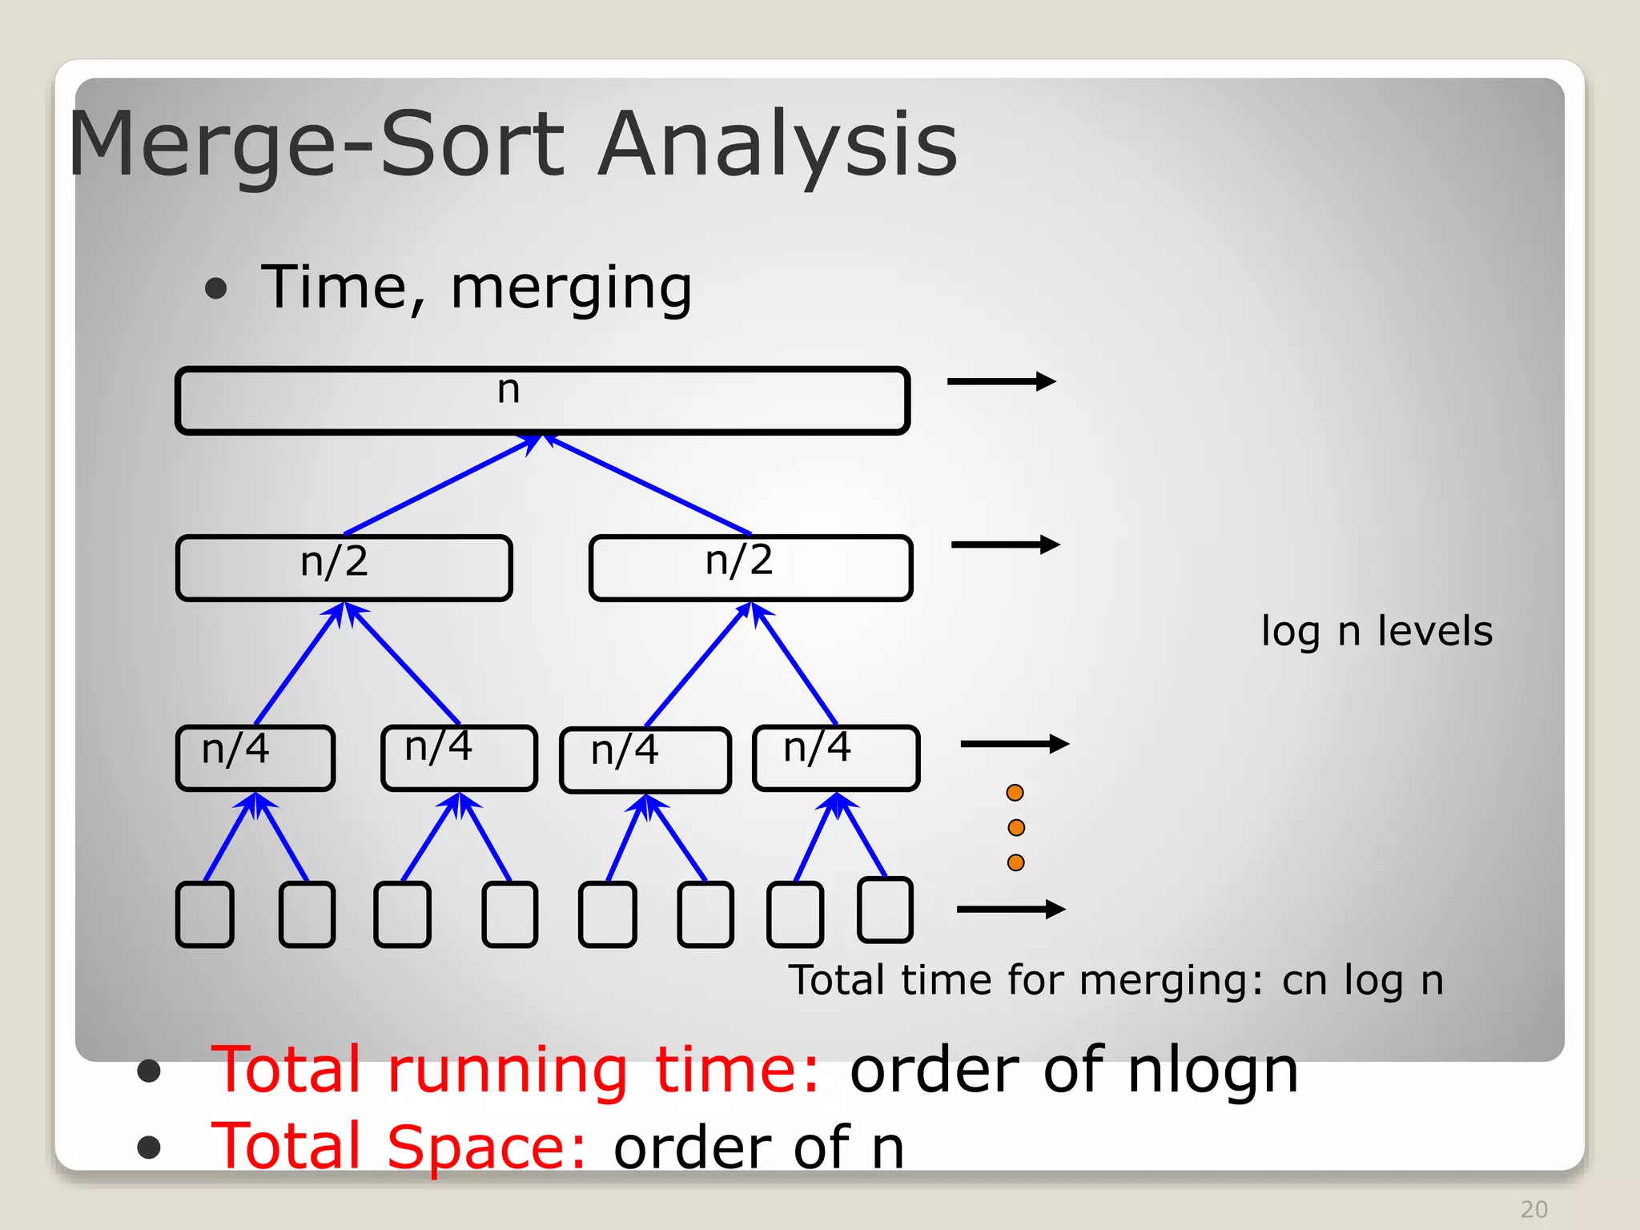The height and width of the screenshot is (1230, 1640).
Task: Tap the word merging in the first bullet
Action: pyautogui.click(x=571, y=288)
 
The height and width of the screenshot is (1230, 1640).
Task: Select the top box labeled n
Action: pyautogui.click(x=542, y=400)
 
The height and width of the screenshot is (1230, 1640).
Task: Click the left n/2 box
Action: pyautogui.click(x=344, y=568)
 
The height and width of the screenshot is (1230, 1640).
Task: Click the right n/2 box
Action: pyautogui.click(x=750, y=568)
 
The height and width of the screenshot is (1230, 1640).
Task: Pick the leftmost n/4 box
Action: pyautogui.click(x=255, y=758)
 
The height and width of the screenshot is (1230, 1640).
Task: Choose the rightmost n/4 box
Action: pyautogui.click(x=836, y=758)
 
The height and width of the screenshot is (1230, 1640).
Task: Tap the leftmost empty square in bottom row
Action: pyautogui.click(x=205, y=914)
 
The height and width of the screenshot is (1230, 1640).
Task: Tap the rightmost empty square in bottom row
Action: pyautogui.click(x=885, y=910)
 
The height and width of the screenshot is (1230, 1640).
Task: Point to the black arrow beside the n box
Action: pyautogui.click(x=1001, y=382)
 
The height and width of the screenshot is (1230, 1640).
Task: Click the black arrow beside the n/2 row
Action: pyautogui.click(x=1005, y=545)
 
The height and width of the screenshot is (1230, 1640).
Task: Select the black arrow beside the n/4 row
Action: pyautogui.click(x=1015, y=744)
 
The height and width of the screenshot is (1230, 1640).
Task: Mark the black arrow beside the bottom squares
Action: pyautogui.click(x=1011, y=909)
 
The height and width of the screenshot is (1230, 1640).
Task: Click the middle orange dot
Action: pyautogui.click(x=1016, y=827)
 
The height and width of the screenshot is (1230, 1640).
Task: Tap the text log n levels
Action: pyautogui.click(x=1377, y=632)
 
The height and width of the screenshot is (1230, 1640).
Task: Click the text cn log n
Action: pyautogui.click(x=1362, y=980)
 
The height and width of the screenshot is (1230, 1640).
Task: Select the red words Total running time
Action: pyautogui.click(x=516, y=1070)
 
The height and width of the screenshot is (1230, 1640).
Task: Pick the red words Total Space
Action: pyautogui.click(x=399, y=1147)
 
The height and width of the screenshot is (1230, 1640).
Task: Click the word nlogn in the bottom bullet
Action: pyautogui.click(x=1212, y=1070)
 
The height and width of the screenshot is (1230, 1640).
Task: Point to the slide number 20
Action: pyautogui.click(x=1533, y=1209)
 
